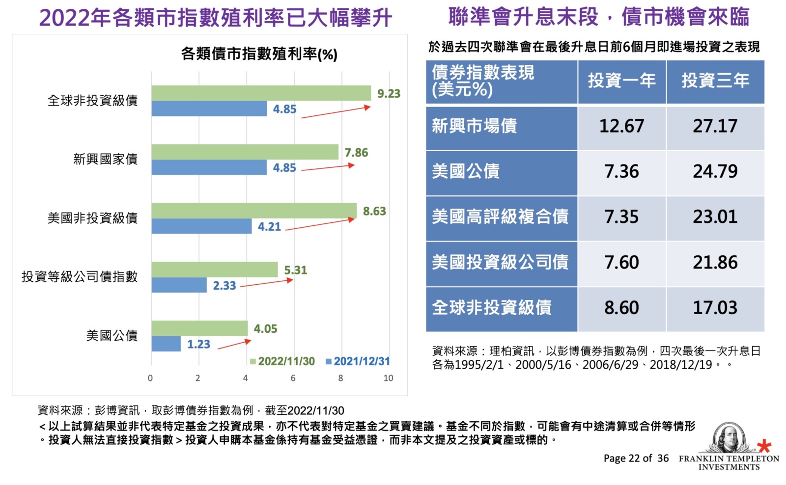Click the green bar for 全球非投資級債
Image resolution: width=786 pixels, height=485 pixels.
tap(261, 93)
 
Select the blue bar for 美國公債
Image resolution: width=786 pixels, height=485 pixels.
tap(166, 344)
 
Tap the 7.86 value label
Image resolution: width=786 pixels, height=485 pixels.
tap(356, 153)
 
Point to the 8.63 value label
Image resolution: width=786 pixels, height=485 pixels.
tap(374, 212)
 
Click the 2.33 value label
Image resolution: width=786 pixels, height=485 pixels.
tap(224, 286)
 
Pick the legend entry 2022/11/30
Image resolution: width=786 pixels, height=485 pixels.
tap(282, 361)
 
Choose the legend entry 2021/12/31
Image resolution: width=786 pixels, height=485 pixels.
tap(358, 361)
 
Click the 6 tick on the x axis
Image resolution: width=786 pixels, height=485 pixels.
tap(293, 378)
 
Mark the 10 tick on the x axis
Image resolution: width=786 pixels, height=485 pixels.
tap(388, 378)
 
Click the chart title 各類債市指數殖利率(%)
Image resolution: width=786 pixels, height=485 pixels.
tap(259, 54)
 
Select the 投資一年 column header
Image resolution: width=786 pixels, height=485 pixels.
tap(621, 81)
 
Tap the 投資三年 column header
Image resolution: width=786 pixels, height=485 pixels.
tap(715, 81)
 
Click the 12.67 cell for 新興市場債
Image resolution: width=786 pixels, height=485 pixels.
tap(621, 126)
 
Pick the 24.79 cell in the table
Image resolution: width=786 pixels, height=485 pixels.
tap(715, 171)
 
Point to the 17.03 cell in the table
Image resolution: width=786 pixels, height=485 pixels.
tap(715, 308)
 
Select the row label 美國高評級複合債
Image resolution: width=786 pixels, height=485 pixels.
tap(500, 216)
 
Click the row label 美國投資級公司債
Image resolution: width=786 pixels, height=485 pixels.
tap(500, 262)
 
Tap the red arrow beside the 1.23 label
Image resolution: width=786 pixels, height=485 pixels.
tap(234, 344)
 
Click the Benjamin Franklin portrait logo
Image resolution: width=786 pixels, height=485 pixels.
tap(729, 437)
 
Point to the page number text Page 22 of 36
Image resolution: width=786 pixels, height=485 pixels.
tap(636, 458)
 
